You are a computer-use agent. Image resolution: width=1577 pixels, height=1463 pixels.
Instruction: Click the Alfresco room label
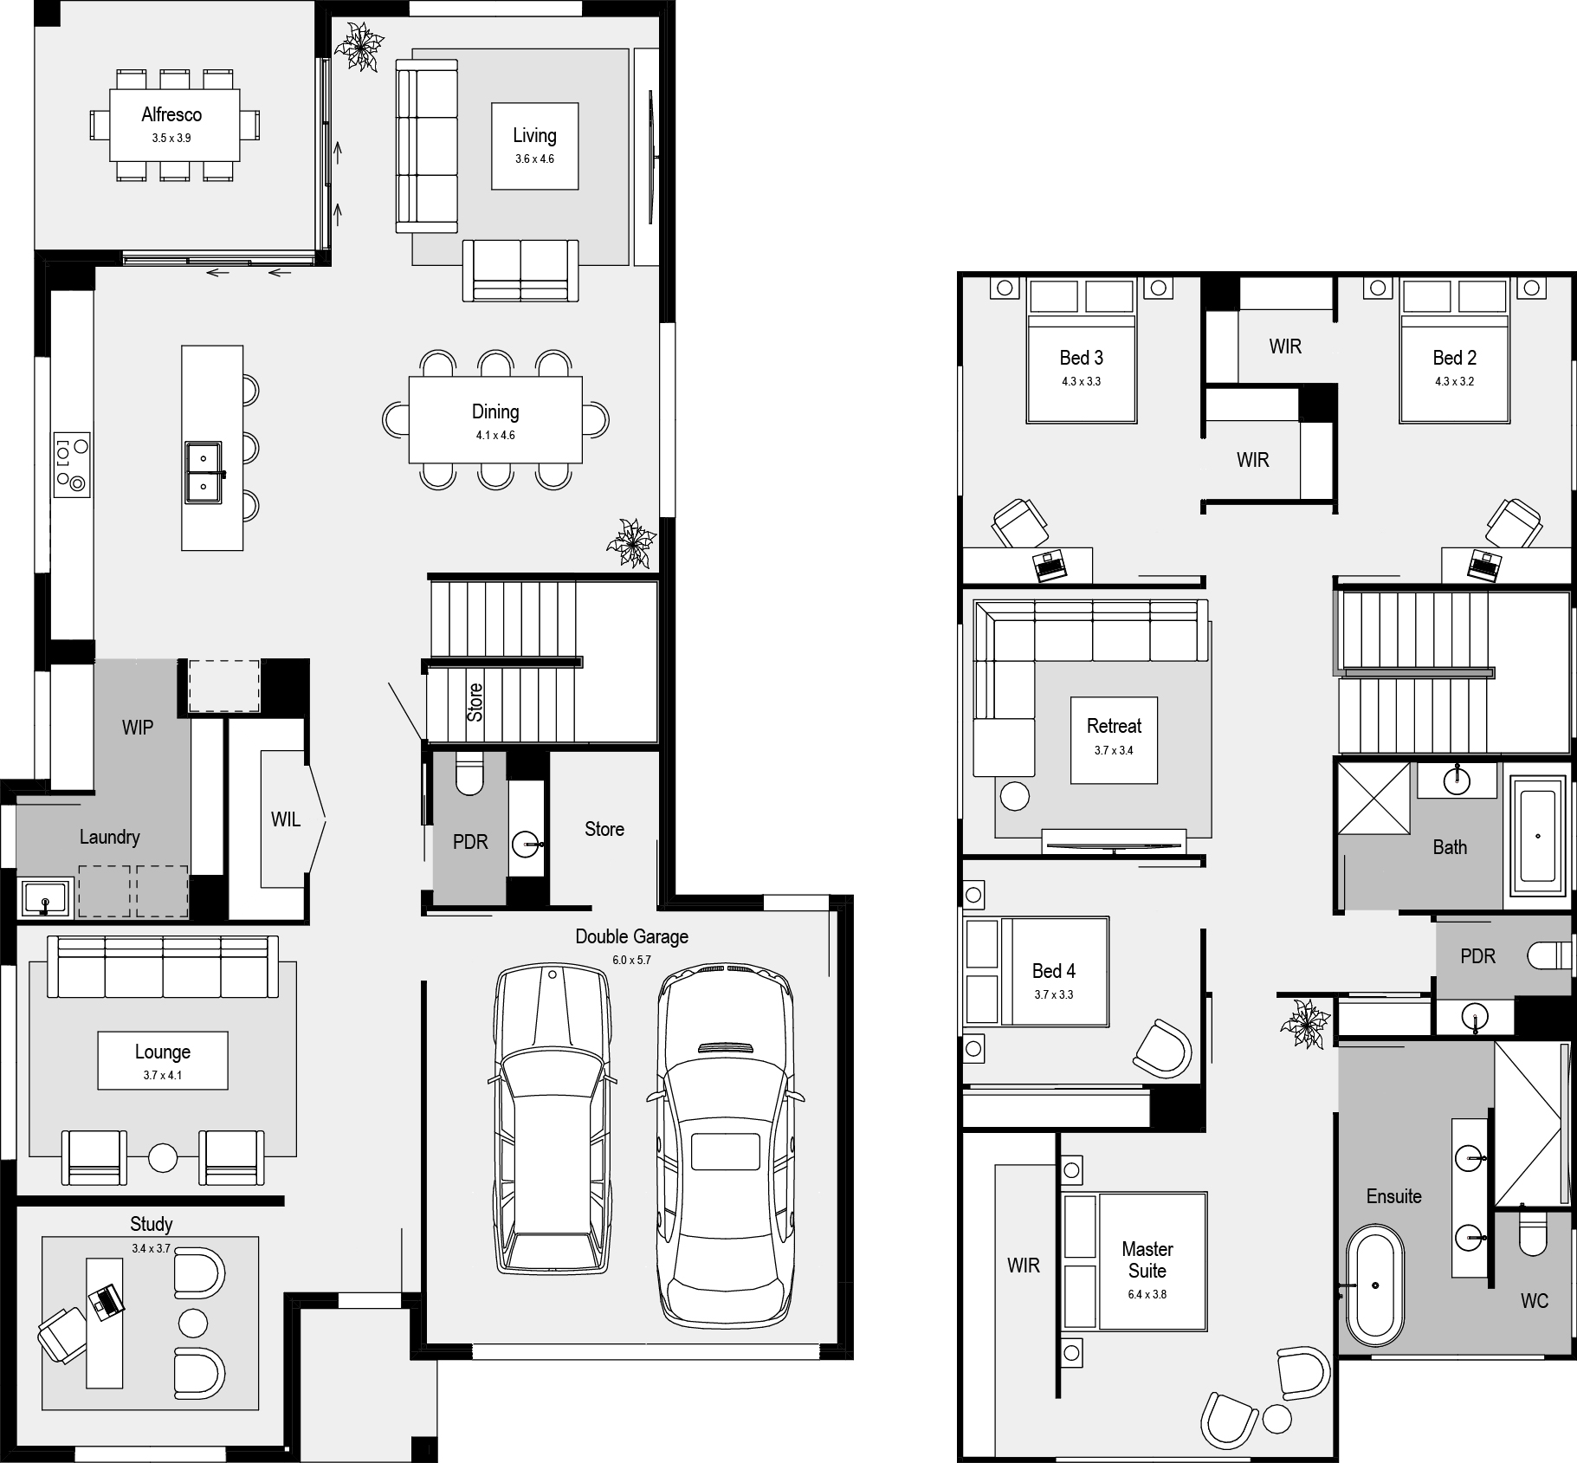(171, 115)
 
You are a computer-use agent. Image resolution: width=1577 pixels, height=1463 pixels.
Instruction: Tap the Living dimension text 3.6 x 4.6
(534, 159)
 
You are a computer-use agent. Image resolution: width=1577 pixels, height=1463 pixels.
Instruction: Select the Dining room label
(495, 412)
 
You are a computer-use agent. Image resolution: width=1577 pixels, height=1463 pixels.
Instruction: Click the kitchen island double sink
(204, 472)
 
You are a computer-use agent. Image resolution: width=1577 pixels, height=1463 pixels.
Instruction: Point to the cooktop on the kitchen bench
(72, 465)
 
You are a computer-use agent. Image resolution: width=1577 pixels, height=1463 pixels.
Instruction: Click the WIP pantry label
(138, 728)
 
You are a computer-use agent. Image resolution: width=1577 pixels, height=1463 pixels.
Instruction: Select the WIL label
(286, 819)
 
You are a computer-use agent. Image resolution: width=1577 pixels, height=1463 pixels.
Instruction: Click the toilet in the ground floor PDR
(470, 774)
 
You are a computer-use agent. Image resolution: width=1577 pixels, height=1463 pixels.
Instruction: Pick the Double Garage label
(631, 936)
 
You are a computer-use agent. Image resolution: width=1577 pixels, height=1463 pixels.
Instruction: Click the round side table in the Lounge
(163, 1157)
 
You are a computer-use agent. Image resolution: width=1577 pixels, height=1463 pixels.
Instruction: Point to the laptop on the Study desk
(107, 1299)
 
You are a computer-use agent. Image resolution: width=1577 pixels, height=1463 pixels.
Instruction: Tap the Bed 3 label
(1081, 358)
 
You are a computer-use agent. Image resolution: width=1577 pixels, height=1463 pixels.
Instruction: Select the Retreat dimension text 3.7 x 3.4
(1114, 751)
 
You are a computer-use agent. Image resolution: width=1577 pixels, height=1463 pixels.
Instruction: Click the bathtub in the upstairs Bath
(1538, 836)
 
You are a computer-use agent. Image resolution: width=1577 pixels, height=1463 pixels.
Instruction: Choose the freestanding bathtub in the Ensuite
(1374, 1285)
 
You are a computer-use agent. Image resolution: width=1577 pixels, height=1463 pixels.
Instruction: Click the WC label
(1534, 1301)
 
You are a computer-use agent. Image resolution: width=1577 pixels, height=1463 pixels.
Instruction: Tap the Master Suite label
(1147, 1260)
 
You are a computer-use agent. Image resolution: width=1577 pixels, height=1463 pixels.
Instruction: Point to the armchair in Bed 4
(1163, 1049)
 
